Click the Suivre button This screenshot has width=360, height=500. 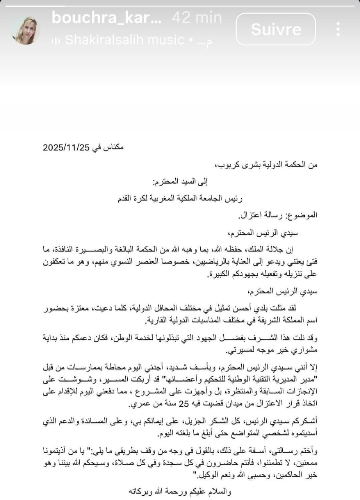pos(276,29)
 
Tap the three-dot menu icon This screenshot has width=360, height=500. pos(338,29)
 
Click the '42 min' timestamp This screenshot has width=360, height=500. pos(197,18)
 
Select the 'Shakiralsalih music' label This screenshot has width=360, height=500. pos(125,39)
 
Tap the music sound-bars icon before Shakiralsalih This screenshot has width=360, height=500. pos(56,40)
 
